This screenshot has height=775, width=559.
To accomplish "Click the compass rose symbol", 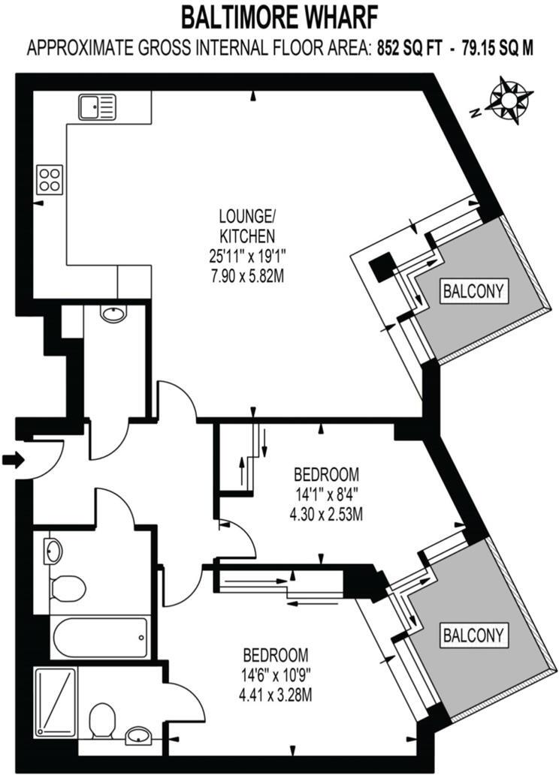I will [x=510, y=100].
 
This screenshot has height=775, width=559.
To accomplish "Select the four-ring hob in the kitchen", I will [x=50, y=179].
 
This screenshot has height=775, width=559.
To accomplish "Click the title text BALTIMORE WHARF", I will [x=279, y=15].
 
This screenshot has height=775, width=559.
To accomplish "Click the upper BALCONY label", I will [x=472, y=290].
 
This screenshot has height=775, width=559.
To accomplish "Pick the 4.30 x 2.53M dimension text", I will [x=326, y=515].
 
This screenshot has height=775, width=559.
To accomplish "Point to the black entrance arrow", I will [x=13, y=459].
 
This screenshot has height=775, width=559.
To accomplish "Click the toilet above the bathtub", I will [x=68, y=587].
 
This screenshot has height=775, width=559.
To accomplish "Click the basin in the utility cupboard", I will [x=113, y=314].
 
